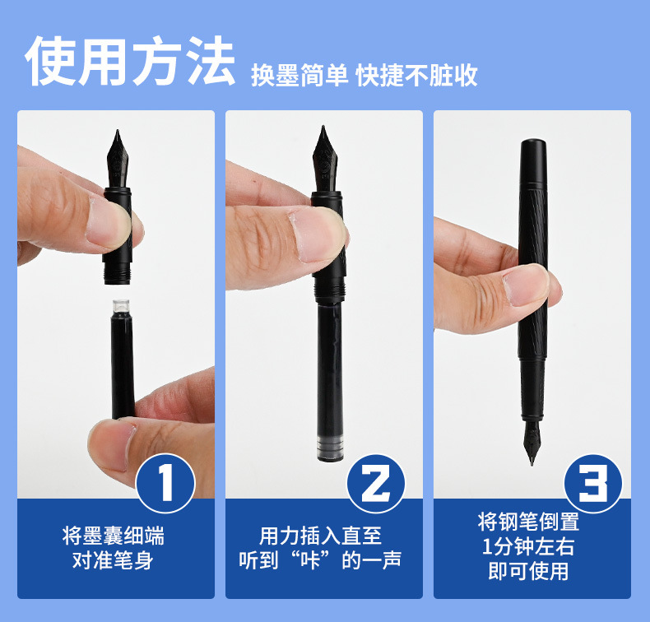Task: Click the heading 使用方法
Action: (x=130, y=61)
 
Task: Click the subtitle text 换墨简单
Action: (x=299, y=75)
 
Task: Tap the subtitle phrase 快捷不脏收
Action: (x=416, y=75)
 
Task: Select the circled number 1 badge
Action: (x=166, y=483)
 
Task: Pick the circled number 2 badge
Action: (x=375, y=483)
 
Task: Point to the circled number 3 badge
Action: (x=593, y=483)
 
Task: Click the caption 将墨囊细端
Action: (x=114, y=536)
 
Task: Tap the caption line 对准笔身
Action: (x=114, y=560)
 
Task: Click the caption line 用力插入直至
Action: (x=320, y=536)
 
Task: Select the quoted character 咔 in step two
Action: (x=310, y=560)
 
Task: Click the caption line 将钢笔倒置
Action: (x=528, y=522)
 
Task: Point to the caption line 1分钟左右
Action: (x=528, y=546)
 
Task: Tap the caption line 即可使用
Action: (x=528, y=571)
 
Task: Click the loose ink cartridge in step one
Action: (x=123, y=359)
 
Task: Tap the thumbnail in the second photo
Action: (x=316, y=234)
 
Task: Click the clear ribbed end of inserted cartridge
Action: (x=330, y=448)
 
